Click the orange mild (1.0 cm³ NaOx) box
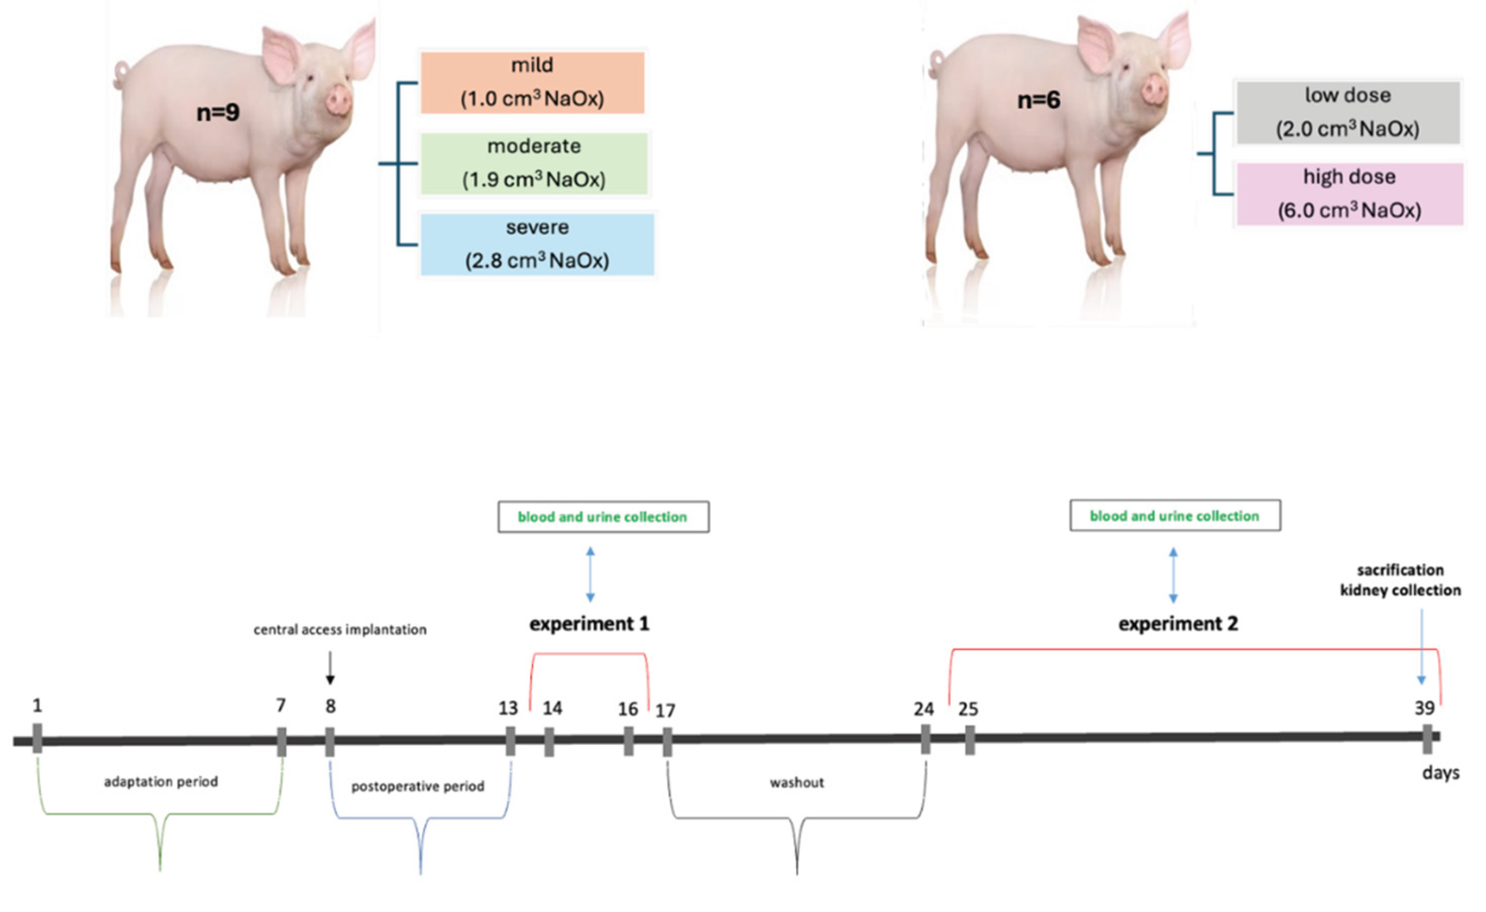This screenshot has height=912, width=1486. tap(533, 83)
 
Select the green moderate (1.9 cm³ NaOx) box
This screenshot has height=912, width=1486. tap(534, 163)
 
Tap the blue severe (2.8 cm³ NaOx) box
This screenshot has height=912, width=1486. tap(537, 244)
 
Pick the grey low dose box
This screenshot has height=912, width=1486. tap(1348, 112)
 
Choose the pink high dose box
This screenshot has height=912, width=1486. tap(1350, 193)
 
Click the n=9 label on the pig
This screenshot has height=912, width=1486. tap(218, 112)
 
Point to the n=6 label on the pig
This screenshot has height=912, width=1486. tap(1038, 100)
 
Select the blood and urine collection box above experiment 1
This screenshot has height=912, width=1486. tap(603, 517)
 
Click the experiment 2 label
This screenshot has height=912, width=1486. tap(1178, 624)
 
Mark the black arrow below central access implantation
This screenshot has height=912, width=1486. tap(330, 668)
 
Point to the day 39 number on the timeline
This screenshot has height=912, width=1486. tap(1425, 708)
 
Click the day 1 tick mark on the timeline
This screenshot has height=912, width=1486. tap(38, 738)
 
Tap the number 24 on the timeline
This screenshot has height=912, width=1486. tap(923, 709)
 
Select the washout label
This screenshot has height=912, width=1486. tap(797, 783)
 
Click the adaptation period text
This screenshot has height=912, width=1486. tap(161, 782)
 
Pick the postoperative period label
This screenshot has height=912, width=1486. tap(418, 787)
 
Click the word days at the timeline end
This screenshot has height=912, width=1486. tap(1441, 773)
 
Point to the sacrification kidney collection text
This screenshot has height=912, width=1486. tap(1400, 580)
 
